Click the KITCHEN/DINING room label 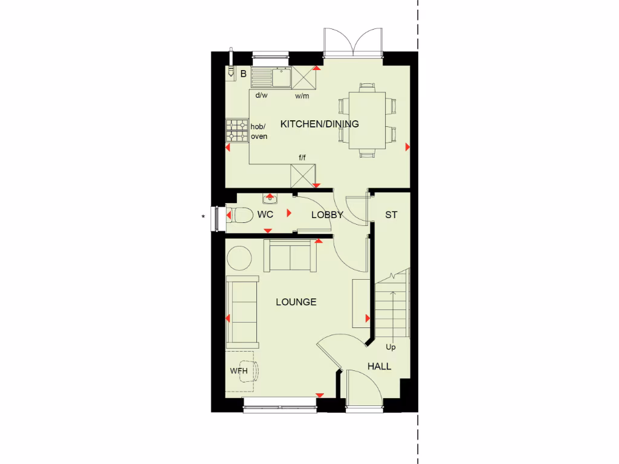[319, 124]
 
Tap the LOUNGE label [296, 301]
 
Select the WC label [265, 214]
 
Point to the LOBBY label [327, 214]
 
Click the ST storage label [391, 214]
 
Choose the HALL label [379, 366]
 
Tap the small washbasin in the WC [270, 198]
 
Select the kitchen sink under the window [281, 77]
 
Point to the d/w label [261, 95]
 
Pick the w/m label [302, 95]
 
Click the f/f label [302, 158]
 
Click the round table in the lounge [239, 258]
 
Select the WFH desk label [239, 370]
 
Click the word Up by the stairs [391, 347]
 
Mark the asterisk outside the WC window [204, 216]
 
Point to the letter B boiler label [243, 74]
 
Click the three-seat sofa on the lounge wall [242, 312]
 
